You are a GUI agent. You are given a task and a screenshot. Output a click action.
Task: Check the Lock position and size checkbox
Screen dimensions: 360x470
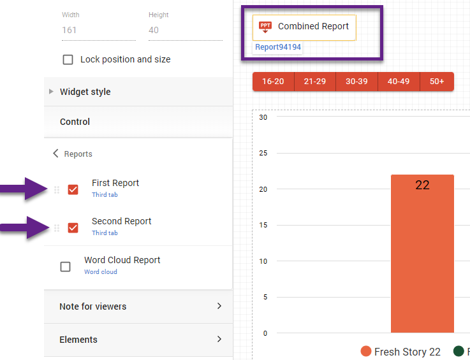68,60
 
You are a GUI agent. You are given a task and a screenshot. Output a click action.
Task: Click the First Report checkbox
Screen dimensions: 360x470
73,189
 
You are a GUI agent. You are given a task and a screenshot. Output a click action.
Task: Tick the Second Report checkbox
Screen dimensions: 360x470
73,227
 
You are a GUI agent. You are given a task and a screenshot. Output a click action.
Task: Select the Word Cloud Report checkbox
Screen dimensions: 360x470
65,266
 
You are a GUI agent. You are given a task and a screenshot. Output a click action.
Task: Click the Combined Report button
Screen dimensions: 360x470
304,27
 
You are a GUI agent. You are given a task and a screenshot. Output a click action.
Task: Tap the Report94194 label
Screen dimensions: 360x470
278,47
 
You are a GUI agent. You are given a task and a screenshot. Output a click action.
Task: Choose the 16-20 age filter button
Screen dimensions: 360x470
273,82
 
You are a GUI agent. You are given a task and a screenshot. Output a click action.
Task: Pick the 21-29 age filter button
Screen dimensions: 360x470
315,82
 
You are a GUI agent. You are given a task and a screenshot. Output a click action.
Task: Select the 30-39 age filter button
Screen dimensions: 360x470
356,82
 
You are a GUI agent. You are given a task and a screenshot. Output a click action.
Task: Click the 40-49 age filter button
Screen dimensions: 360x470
399,82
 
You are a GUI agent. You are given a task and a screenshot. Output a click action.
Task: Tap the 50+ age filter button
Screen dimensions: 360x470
437,82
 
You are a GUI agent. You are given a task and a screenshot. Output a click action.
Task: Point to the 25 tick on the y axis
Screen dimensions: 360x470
263,154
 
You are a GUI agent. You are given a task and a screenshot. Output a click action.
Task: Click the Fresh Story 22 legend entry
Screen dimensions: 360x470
400,352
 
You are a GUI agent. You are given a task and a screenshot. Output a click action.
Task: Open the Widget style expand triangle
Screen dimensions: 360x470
51,92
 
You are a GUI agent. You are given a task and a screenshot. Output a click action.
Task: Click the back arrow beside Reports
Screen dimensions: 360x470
55,154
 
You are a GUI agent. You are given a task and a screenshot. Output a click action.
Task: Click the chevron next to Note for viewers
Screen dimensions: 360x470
219,306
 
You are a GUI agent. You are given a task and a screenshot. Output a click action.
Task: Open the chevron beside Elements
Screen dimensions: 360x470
219,340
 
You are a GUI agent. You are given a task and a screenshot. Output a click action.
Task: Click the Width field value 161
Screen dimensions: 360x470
70,30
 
